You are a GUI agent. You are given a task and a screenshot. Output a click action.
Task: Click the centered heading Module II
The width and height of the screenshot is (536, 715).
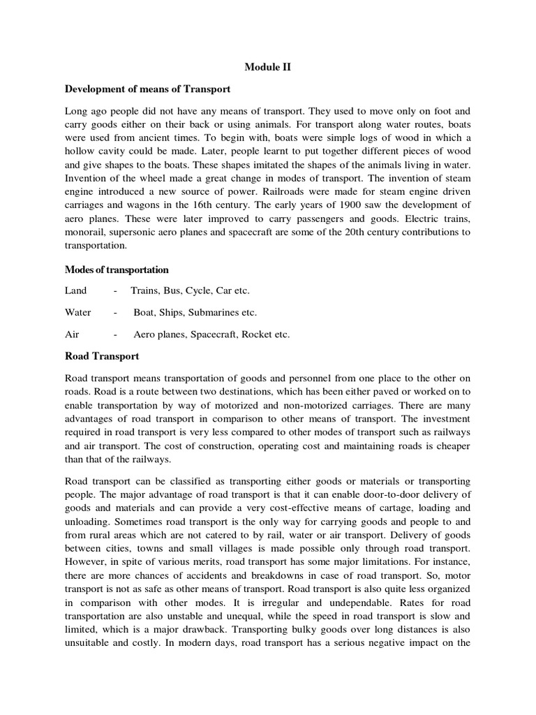click(x=267, y=67)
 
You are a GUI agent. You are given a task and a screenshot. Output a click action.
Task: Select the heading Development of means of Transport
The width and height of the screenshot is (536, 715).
click(x=147, y=89)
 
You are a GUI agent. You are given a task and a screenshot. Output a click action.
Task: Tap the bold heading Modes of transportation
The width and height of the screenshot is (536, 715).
click(x=117, y=270)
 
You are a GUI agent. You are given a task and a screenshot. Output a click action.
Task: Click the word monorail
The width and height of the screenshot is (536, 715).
click(x=84, y=232)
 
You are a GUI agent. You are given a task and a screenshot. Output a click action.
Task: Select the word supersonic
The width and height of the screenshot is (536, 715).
click(x=144, y=232)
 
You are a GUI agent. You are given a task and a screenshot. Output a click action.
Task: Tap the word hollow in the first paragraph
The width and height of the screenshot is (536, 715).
click(x=80, y=151)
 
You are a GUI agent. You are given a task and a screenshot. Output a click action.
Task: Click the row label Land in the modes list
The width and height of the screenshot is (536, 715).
click(x=76, y=290)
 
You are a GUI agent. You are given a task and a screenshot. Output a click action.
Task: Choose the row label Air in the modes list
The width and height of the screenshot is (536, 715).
click(x=72, y=334)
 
